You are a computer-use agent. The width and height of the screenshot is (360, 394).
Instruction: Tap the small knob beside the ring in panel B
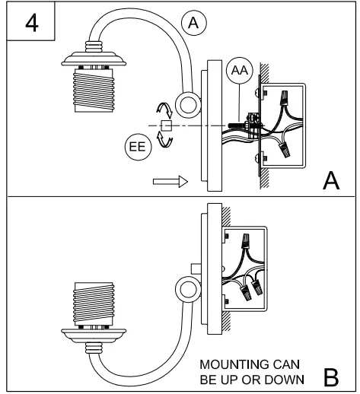click(x=196, y=268)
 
